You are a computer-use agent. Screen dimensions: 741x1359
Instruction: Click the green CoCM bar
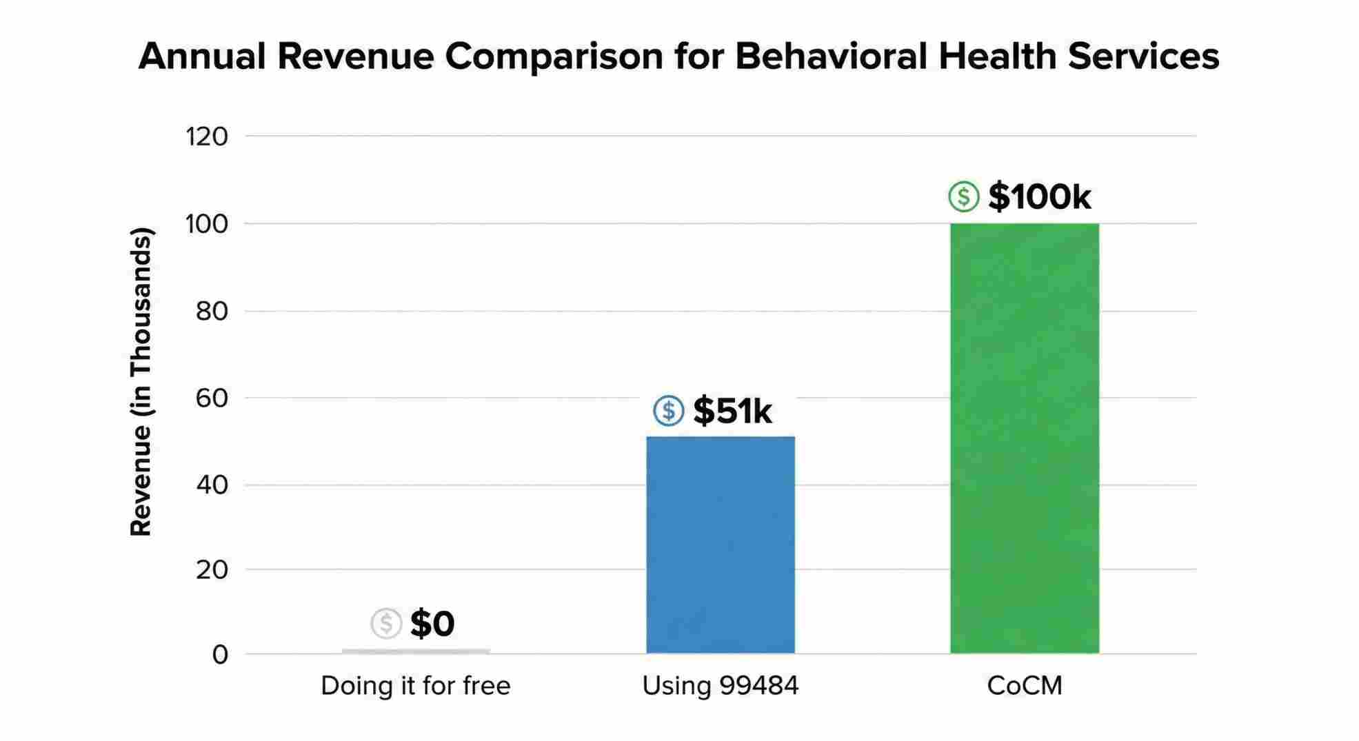pos(1025,438)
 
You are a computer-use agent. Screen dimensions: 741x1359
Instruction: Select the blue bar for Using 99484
pos(721,545)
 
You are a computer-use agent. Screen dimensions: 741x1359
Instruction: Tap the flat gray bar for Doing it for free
pos(416,651)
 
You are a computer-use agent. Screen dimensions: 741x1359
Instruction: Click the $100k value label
pos(1039,197)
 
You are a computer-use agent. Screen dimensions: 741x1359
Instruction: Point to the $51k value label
pos(732,411)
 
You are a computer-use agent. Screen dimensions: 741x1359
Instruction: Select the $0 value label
pos(432,624)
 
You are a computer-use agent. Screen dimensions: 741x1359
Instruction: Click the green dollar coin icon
pos(963,197)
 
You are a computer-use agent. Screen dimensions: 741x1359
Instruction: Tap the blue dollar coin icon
pos(668,411)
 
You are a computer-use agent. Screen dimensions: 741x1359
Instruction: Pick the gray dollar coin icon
pos(386,624)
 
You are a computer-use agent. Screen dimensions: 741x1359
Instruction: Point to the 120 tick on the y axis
pos(207,136)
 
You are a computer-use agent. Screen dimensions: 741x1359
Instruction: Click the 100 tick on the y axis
pos(207,224)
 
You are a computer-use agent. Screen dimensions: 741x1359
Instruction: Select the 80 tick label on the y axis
pos(212,312)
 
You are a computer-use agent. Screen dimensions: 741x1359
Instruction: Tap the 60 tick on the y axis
pos(212,398)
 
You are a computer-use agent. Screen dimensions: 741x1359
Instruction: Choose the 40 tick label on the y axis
pos(212,485)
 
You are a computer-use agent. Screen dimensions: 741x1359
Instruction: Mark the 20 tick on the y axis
pos(212,570)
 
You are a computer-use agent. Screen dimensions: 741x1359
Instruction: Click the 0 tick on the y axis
pos(220,655)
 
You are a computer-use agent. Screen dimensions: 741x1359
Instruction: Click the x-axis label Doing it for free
pos(416,686)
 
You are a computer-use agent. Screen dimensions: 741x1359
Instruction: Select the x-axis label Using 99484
pos(721,686)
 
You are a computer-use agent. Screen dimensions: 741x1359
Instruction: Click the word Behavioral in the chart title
pos(831,57)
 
